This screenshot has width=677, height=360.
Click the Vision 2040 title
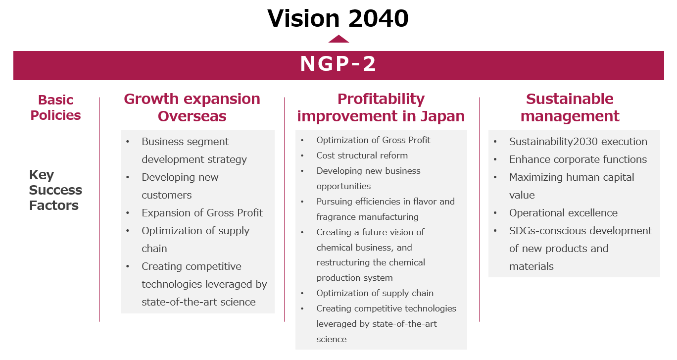pyautogui.click(x=338, y=19)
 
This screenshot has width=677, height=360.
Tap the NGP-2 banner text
pyautogui.click(x=338, y=64)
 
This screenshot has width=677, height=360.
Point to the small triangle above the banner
pyautogui.click(x=338, y=39)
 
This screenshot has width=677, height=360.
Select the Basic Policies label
pyautogui.click(x=55, y=107)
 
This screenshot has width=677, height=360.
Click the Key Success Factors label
pyautogui.click(x=55, y=190)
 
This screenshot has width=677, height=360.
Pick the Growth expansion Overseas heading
pyautogui.click(x=192, y=107)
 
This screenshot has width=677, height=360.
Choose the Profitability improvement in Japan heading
pyautogui.click(x=381, y=107)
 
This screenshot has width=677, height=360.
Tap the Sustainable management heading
pyautogui.click(x=570, y=107)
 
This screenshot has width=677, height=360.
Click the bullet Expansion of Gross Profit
pyautogui.click(x=202, y=213)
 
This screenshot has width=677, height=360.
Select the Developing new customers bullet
pyautogui.click(x=180, y=186)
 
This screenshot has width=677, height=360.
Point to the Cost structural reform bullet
pyautogui.click(x=362, y=155)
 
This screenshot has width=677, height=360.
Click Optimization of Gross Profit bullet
pyautogui.click(x=373, y=140)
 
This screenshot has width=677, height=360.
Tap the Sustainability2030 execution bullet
pyautogui.click(x=578, y=142)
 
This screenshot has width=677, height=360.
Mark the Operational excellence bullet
pyautogui.click(x=563, y=213)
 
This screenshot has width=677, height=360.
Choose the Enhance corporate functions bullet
pyautogui.click(x=578, y=159)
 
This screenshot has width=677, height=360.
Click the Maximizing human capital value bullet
pyautogui.click(x=572, y=186)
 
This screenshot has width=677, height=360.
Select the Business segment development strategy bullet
pyautogui.click(x=194, y=151)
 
